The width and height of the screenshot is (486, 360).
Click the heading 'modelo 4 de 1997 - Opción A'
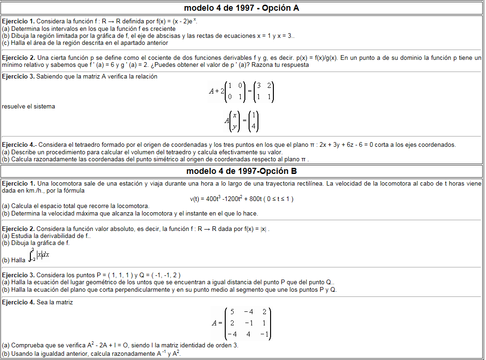pos(242,8)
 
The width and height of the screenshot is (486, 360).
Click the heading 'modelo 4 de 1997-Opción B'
pos(242,171)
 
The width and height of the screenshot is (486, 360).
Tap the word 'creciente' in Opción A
pos(162,29)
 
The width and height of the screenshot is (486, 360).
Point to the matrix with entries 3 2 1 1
pos(264,92)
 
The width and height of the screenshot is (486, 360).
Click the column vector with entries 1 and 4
pos(253,121)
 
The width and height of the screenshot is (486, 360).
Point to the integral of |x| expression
pos(39,256)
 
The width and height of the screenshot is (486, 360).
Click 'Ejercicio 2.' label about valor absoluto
pos(18,229)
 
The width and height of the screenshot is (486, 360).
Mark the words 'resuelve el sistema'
pos(29,107)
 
